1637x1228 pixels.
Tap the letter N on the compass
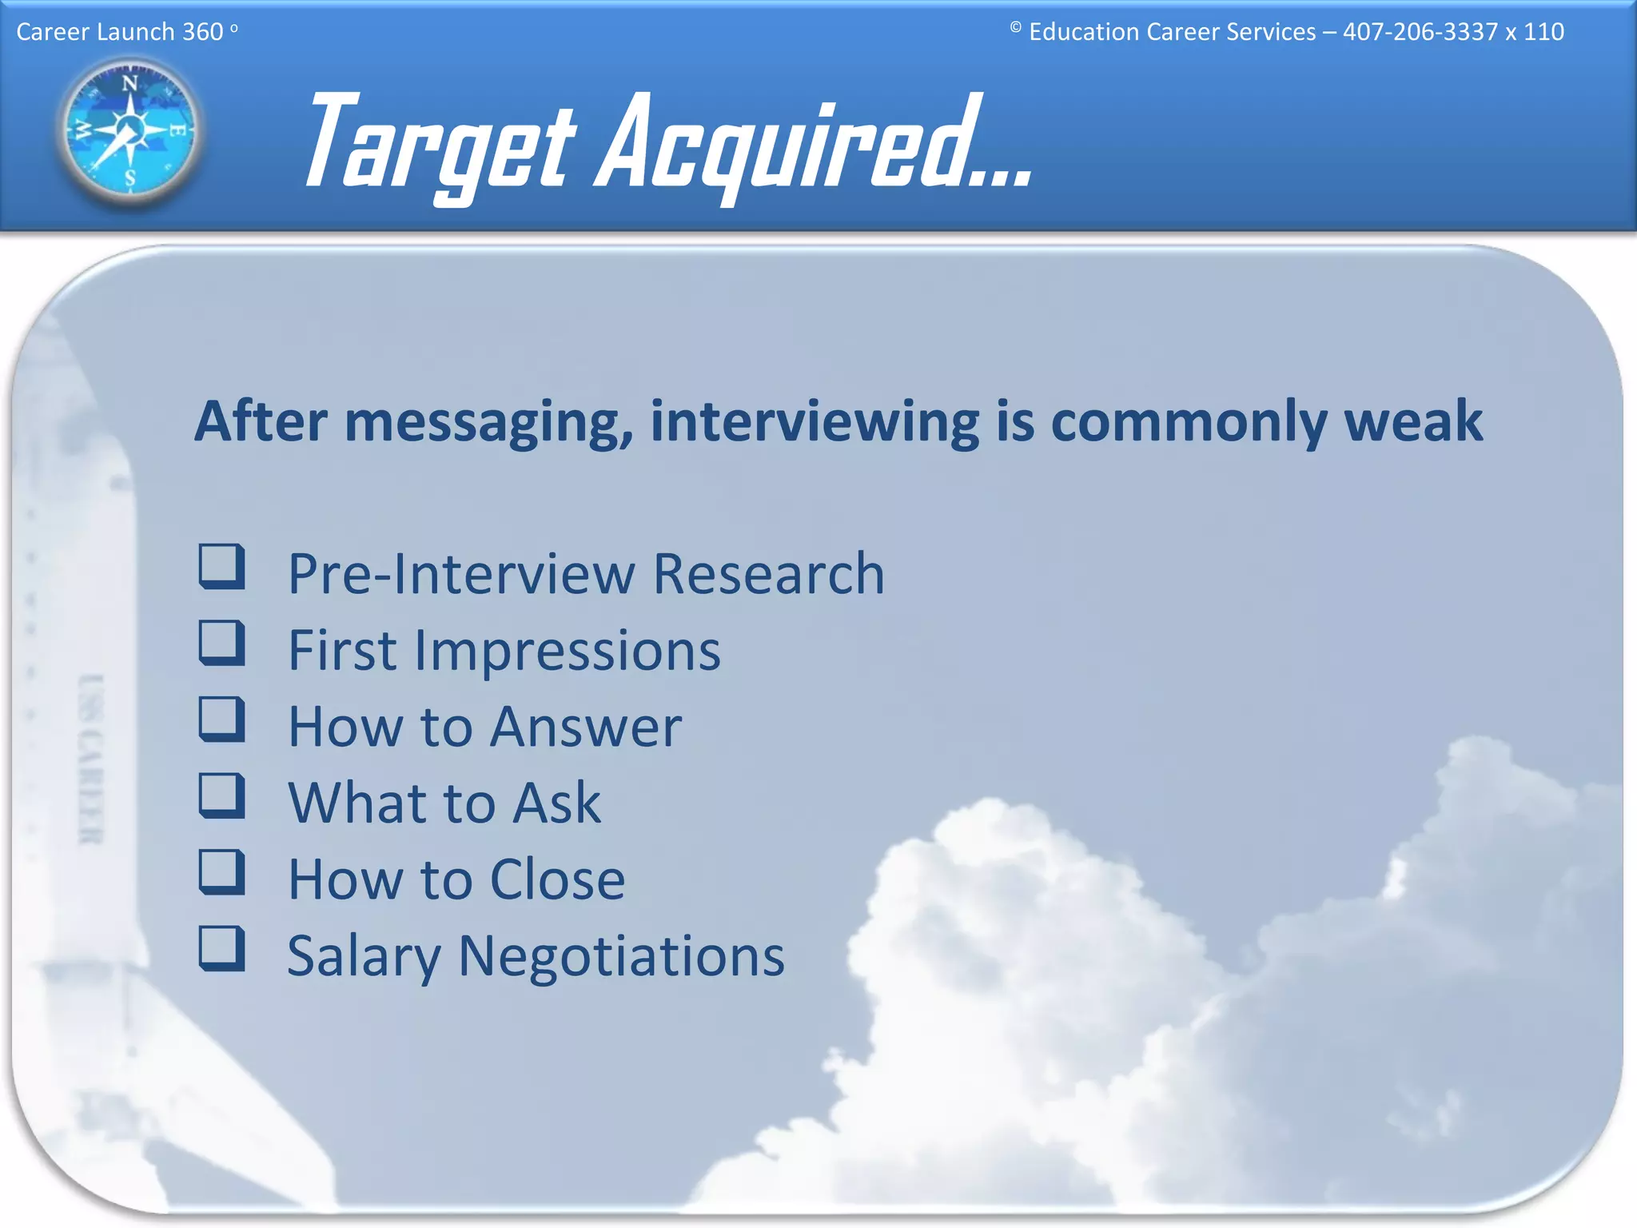129,82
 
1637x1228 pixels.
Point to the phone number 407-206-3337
1420,32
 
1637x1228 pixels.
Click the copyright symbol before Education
1015,28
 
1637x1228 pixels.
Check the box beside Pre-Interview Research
221,567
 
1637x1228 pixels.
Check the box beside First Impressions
221,643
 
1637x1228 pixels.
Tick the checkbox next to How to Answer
221,719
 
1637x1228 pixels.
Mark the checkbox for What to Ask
221,795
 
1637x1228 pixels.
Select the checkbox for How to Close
221,871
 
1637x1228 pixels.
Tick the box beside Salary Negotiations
221,948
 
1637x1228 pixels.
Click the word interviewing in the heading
815,421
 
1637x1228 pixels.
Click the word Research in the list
768,574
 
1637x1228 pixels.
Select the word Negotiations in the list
621,956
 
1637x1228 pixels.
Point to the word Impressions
568,651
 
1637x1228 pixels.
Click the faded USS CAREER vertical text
91,759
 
